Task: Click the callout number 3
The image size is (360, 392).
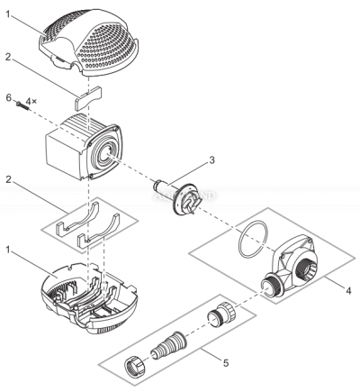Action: point(211,160)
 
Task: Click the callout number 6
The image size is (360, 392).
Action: point(8,96)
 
